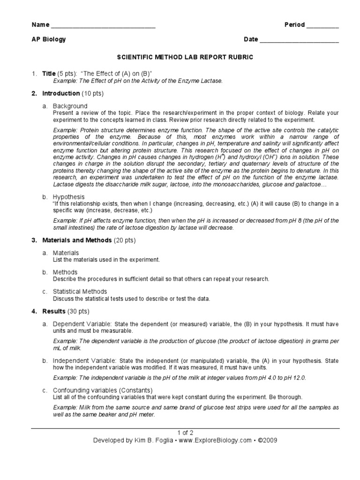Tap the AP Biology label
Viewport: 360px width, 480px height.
point(49,39)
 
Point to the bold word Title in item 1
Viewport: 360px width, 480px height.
point(49,74)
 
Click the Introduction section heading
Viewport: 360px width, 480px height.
point(61,93)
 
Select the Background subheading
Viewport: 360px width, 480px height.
point(70,106)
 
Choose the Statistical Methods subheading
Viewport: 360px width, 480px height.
point(80,291)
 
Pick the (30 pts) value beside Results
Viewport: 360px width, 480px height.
point(78,311)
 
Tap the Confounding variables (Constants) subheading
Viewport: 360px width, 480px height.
point(103,390)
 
